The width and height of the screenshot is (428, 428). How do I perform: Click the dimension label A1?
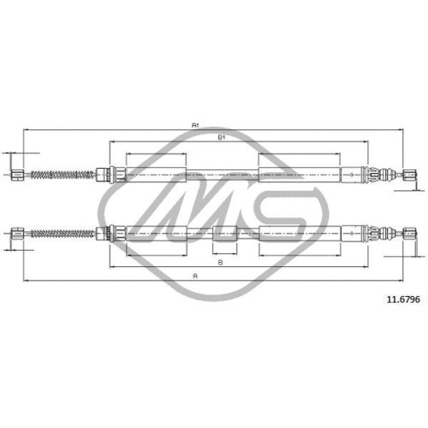195,125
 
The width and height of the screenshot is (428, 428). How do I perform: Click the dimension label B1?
222,137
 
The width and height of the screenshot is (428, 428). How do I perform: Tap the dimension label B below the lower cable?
220,263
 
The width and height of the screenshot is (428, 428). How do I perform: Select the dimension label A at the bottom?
195,276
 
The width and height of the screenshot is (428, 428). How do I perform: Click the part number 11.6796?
403,300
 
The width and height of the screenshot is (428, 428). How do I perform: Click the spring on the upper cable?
62,175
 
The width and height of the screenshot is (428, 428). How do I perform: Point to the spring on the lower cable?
62,234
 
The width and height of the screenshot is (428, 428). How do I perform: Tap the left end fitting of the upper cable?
18,175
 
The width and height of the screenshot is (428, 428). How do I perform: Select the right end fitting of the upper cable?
410,175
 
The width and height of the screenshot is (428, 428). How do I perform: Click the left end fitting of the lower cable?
18,234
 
